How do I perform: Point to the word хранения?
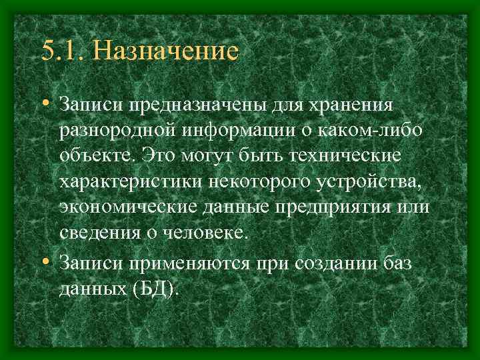click(x=351, y=105)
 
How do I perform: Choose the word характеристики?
click(x=119, y=181)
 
